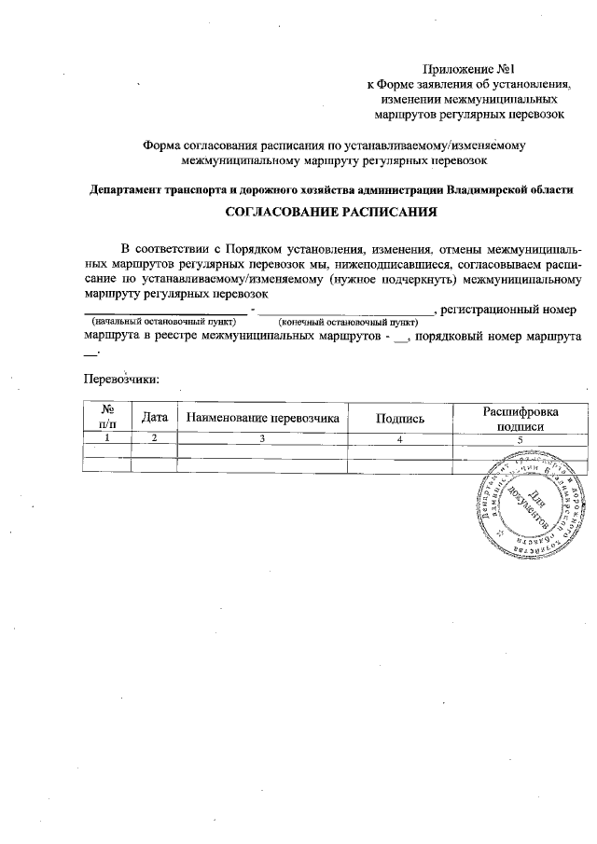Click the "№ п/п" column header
[106, 416]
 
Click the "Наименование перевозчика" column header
[262, 417]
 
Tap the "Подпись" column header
[399, 417]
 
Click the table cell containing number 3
[262, 437]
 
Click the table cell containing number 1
[106, 437]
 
